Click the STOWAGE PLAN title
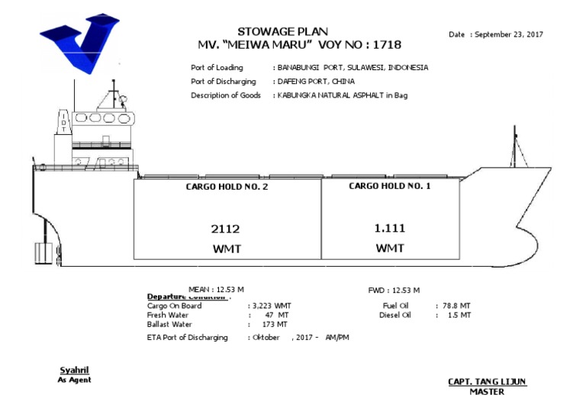tap(283, 32)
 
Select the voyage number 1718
tap(387, 45)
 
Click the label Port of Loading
tap(217, 68)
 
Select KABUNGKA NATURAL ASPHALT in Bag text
tap(343, 95)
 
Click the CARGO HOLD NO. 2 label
tap(227, 187)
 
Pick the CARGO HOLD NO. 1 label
tap(390, 186)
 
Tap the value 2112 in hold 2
tap(226, 229)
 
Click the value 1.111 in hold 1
tap(389, 228)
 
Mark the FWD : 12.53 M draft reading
tap(394, 290)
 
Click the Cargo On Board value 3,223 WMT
tap(272, 306)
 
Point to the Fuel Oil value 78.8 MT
tap(456, 306)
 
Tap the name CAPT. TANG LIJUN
tap(487, 382)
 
